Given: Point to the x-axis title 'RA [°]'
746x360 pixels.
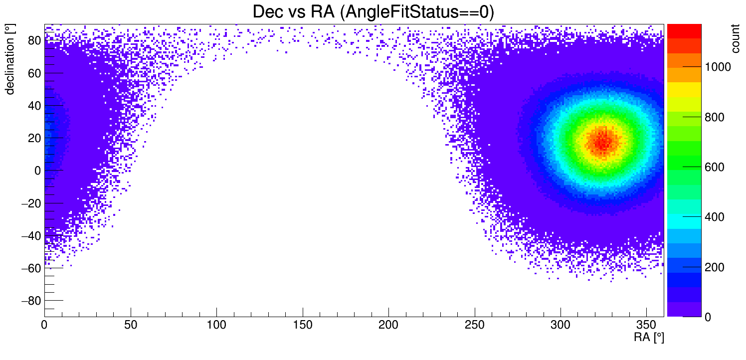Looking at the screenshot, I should pos(649,338).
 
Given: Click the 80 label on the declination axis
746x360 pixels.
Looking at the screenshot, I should pos(33,41).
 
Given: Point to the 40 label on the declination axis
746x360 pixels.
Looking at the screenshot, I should pos(33,106).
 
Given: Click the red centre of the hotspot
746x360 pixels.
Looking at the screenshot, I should pos(603,142).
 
